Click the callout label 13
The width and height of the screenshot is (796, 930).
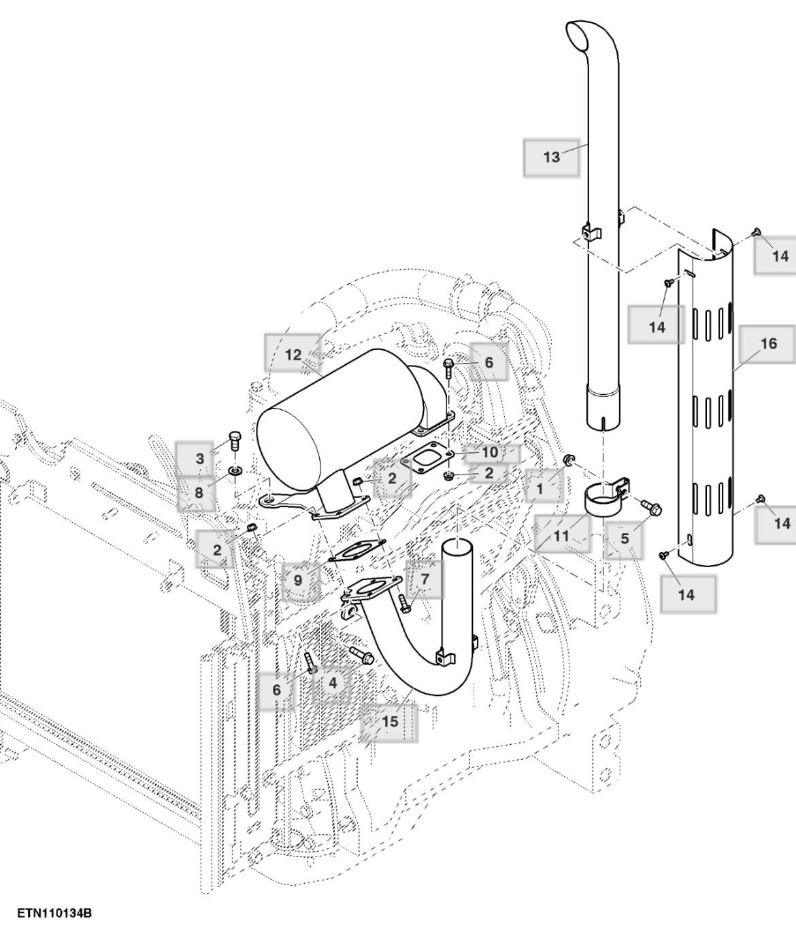click(x=551, y=157)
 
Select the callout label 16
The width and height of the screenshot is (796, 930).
click(x=768, y=344)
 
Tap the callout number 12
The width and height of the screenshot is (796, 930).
click(x=293, y=355)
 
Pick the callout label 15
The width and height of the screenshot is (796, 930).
click(x=389, y=721)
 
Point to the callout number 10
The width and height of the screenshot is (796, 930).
click(x=490, y=452)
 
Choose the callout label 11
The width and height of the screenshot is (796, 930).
click(x=561, y=536)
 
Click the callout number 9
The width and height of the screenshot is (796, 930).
click(x=298, y=581)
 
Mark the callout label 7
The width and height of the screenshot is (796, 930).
click(x=425, y=579)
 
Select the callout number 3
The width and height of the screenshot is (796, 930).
click(x=199, y=458)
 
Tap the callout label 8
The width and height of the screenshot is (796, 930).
click(x=199, y=492)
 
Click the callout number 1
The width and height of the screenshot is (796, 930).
click(x=540, y=488)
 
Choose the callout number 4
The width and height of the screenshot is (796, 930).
click(x=332, y=682)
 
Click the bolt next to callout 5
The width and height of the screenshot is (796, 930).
click(x=650, y=507)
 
